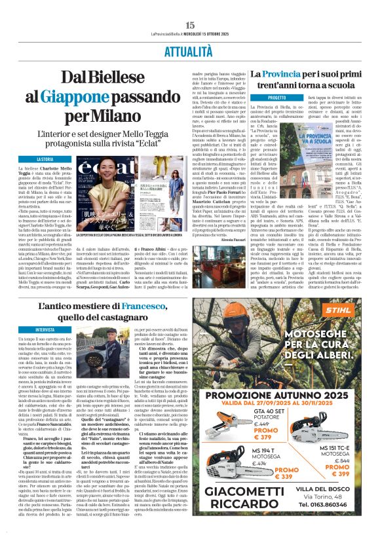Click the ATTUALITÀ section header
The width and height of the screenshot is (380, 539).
190,50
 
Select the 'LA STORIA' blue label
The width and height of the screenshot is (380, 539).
45,159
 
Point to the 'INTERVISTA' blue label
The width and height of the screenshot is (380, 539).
45,329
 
